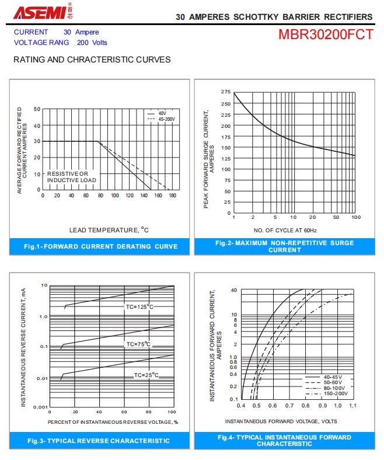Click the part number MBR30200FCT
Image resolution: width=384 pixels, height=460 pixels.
(326, 34)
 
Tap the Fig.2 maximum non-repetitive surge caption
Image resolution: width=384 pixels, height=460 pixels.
(285, 246)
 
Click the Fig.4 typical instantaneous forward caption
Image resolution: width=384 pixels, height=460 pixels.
(285, 440)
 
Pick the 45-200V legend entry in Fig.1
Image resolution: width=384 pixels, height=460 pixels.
(166, 119)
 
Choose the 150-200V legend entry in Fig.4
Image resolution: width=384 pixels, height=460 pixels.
(335, 393)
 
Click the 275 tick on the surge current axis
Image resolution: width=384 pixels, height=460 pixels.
(226, 92)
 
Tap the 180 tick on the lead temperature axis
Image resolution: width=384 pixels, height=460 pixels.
(172, 195)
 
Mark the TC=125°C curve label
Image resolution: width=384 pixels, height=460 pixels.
(139, 306)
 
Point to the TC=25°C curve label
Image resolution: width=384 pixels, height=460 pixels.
(146, 375)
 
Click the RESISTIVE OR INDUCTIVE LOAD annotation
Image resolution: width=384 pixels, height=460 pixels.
(72, 177)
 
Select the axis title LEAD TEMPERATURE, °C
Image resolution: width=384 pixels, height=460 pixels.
(109, 230)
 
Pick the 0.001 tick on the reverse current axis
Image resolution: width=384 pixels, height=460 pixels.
(40, 406)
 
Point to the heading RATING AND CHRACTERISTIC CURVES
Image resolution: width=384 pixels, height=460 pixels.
(92, 60)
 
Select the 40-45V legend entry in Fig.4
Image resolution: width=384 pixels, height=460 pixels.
(333, 377)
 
